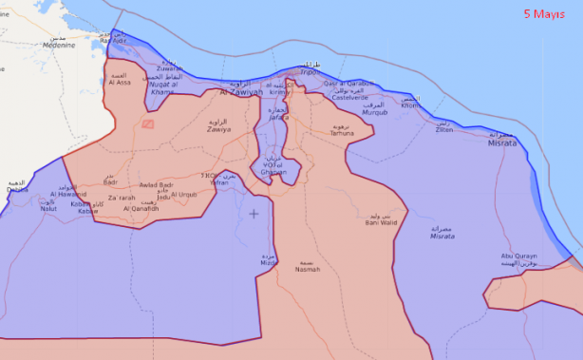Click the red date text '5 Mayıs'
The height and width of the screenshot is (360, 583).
point(544,14)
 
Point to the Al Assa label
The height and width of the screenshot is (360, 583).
point(121,83)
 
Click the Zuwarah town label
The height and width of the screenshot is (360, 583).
point(170,68)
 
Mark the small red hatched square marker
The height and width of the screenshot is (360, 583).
point(147,123)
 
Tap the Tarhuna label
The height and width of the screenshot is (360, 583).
point(342,134)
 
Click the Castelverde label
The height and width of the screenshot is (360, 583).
point(349,97)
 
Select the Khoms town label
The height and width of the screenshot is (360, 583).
point(410,105)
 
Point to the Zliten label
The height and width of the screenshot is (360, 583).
point(443,129)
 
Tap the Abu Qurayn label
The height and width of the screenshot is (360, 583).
point(518,256)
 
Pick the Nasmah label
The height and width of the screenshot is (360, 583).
point(308,269)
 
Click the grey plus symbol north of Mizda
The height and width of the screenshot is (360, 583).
point(254,214)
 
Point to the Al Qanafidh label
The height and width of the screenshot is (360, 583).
point(141,207)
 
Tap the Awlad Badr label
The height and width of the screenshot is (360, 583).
point(156,185)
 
